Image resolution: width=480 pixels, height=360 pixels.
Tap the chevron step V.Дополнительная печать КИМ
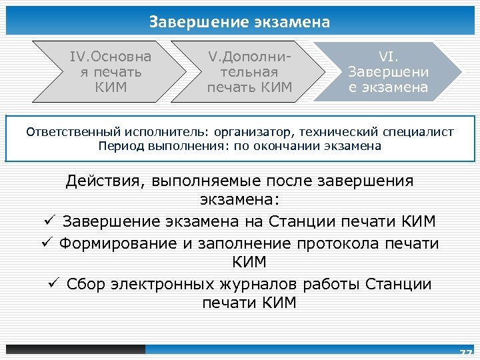pos(248,71)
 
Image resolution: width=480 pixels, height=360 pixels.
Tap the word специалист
pos(419,132)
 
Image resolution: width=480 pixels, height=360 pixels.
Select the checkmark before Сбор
pos(55,284)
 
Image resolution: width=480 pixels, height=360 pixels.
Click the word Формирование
pos(120,243)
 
